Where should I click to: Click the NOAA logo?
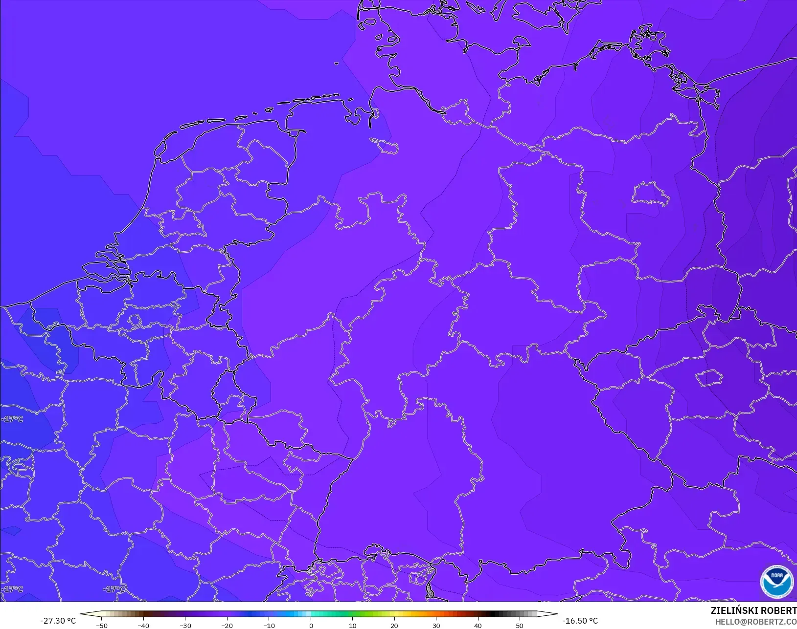[777, 582]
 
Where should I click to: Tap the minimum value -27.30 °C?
[58, 621]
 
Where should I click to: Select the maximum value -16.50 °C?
[580, 621]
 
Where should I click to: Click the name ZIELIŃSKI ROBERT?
[753, 611]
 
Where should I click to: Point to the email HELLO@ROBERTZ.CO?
[756, 622]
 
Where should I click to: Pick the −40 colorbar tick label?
[143, 626]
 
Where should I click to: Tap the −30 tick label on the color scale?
[185, 626]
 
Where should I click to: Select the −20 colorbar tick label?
[227, 626]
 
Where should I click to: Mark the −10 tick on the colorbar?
[269, 626]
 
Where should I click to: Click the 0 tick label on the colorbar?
[311, 626]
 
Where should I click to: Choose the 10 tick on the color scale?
[352, 626]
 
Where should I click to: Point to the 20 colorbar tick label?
[394, 626]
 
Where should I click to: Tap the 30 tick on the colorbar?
[436, 626]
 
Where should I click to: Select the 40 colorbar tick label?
[478, 626]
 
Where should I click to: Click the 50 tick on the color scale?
[520, 626]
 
